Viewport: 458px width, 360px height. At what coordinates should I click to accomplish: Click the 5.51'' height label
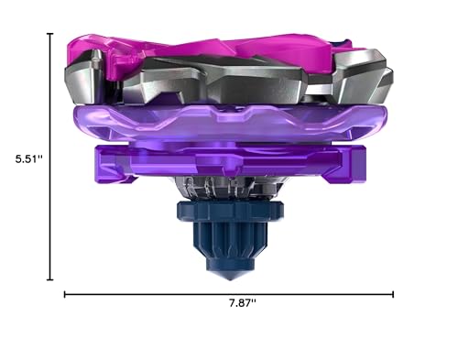pos(29,158)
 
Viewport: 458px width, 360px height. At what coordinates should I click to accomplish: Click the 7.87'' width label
pos(243,303)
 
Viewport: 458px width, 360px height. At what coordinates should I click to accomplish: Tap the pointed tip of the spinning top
pos(230,278)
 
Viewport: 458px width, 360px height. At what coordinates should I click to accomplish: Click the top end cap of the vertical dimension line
pos(50,34)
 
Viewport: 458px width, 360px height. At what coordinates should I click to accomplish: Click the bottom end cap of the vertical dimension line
pos(50,279)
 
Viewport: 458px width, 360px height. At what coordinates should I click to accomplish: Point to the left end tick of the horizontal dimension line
pos(64,294)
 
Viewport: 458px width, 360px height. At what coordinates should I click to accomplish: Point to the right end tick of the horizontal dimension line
pos(393,294)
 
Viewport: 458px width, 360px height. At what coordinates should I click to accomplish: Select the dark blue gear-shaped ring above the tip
pos(230,211)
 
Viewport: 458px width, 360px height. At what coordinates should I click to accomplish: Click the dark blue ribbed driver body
pos(230,241)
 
